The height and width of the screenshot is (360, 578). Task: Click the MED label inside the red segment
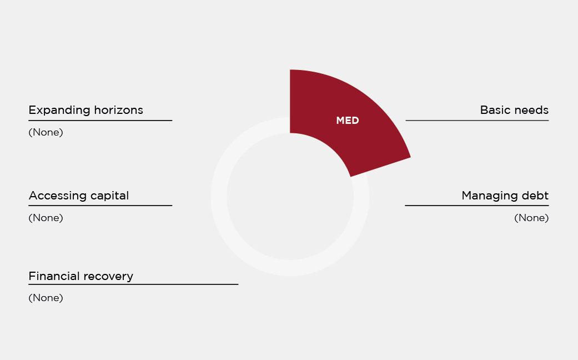347,121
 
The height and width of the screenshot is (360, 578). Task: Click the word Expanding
60,111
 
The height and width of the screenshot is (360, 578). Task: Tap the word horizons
118,110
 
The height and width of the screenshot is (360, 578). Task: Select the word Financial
53,276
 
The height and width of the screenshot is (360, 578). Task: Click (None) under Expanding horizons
46,132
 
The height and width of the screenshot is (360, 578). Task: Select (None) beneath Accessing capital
46,218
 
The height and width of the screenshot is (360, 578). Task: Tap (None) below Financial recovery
46,298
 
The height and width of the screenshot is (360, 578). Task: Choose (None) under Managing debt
531,218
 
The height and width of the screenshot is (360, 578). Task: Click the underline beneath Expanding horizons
100,120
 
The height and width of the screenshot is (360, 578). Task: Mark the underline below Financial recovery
133,284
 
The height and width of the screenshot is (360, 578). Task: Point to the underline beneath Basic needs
477,120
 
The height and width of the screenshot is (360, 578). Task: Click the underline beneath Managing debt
477,206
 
